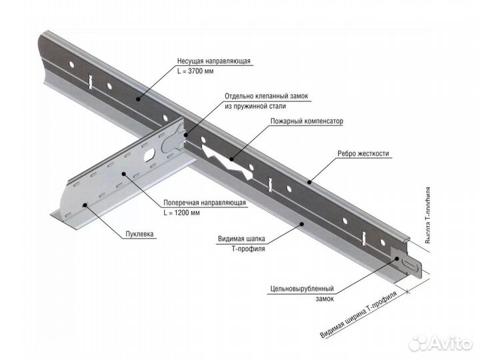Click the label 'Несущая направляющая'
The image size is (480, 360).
(x=214, y=61)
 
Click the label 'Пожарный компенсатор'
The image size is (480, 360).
(x=307, y=122)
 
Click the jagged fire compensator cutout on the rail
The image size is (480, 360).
(x=229, y=161)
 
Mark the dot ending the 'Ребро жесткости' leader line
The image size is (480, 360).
(x=309, y=180)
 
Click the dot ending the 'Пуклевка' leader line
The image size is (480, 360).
(x=84, y=205)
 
